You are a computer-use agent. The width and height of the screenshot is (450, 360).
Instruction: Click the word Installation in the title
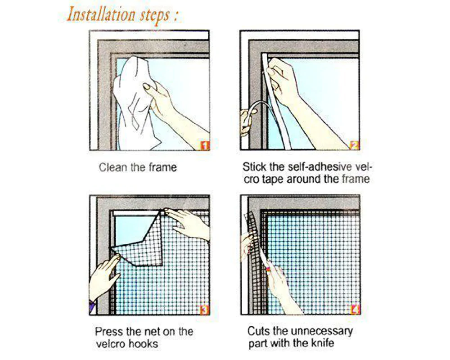pos(101,15)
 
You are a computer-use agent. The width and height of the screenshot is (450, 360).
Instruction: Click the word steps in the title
pos(155,16)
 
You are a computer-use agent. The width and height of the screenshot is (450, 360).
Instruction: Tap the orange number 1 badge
pos(205,145)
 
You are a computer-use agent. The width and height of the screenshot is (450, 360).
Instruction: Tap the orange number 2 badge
pos(355,145)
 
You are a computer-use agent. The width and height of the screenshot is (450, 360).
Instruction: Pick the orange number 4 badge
pos(355,310)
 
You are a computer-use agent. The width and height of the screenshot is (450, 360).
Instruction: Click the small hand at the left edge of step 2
pos(247,121)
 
